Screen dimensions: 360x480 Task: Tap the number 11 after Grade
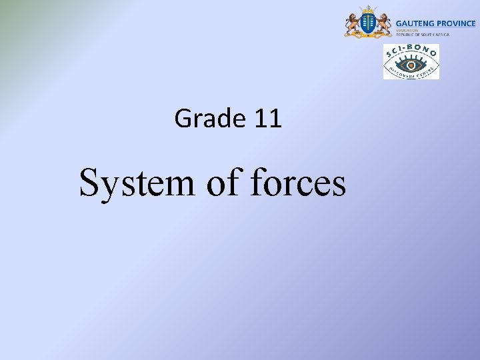pyautogui.click(x=268, y=119)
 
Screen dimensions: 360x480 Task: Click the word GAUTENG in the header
pyautogui.click(x=415, y=23)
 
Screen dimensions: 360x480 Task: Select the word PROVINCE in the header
pyautogui.click(x=456, y=23)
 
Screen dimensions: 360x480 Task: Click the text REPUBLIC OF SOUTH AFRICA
pyautogui.click(x=423, y=35)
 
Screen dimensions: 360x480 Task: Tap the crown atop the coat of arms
pyautogui.click(x=367, y=9)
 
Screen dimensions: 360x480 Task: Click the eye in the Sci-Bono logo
pyautogui.click(x=411, y=65)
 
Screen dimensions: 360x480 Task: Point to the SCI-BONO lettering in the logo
pyautogui.click(x=411, y=51)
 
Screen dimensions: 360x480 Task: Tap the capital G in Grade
pyautogui.click(x=183, y=119)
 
